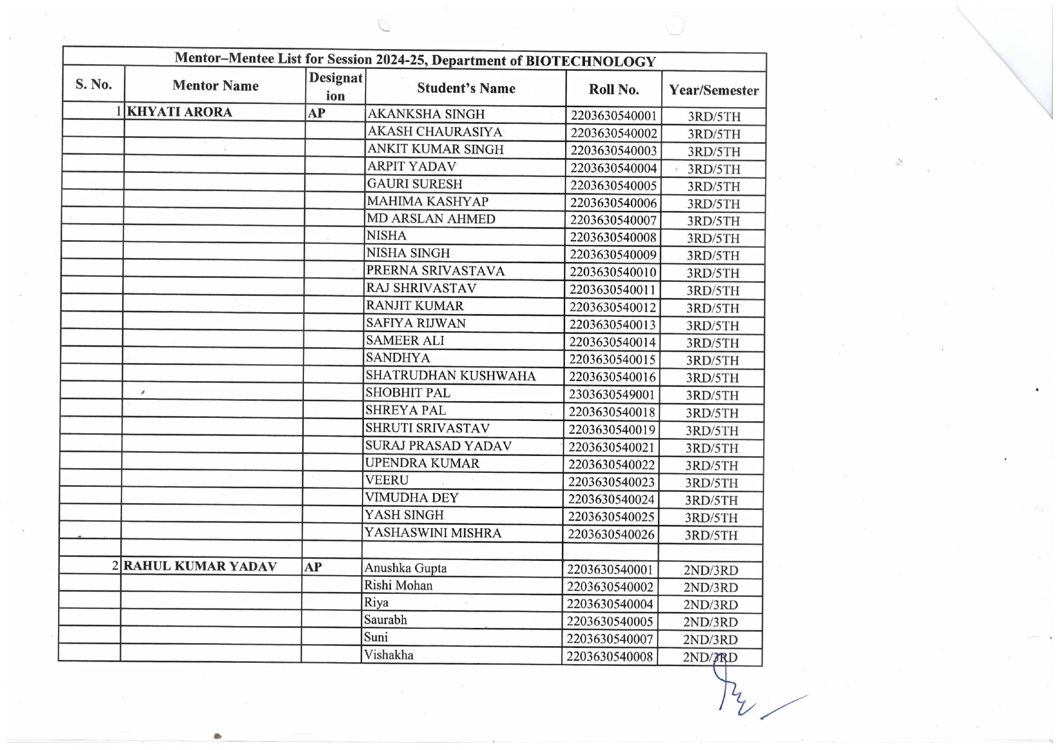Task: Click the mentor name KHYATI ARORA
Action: (179, 112)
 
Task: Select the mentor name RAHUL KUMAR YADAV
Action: (200, 567)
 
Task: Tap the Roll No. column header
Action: (613, 90)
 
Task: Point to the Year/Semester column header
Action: (713, 91)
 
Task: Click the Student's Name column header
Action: (466, 88)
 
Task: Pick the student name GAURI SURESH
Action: (415, 184)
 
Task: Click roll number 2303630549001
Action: (612, 395)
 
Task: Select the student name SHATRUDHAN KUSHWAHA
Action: (451, 376)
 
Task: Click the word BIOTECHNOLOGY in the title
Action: (590, 62)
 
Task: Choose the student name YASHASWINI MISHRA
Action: (433, 533)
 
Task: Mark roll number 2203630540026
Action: (612, 535)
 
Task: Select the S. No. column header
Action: (94, 84)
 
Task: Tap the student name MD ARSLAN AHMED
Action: (431, 219)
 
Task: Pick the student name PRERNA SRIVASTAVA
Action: (435, 271)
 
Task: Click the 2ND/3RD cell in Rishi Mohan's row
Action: (710, 587)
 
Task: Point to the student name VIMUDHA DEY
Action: (412, 498)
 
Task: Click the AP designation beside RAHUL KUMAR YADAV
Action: (313, 567)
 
